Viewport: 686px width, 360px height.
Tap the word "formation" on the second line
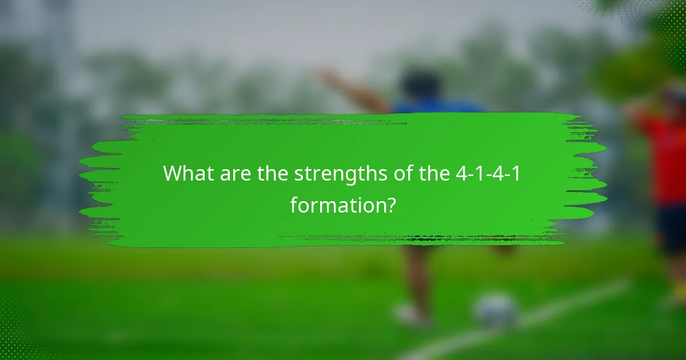click(x=336, y=204)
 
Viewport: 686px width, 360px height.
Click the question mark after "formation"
click(x=389, y=204)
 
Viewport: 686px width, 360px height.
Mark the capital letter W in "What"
click(x=172, y=173)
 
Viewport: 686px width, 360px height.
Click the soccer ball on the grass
click(x=496, y=311)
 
